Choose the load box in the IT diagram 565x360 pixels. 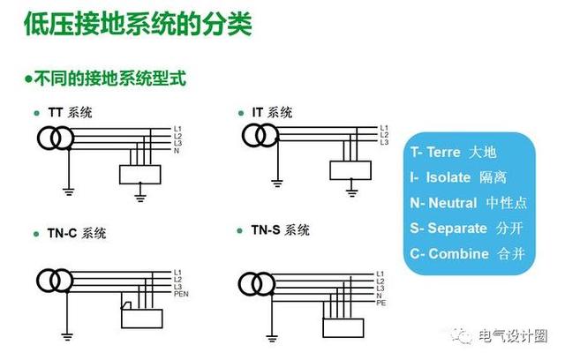tap(350, 169)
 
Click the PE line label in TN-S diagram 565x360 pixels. tap(381, 303)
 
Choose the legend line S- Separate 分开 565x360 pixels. tap(468, 228)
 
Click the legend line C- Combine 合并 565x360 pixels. tap(467, 253)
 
